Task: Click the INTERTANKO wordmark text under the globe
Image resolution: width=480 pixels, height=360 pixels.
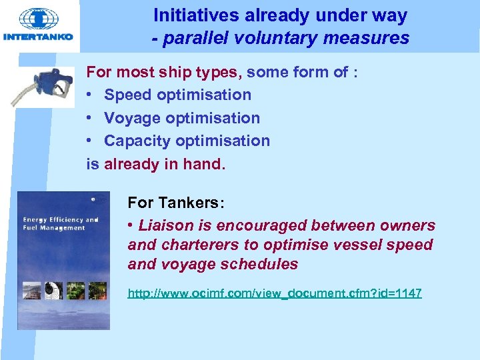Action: click(38, 37)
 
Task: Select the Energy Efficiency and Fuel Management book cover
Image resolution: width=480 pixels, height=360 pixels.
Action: click(63, 260)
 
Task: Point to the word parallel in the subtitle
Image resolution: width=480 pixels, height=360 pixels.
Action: click(193, 38)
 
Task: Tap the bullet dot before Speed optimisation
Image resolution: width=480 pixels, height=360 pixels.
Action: click(91, 95)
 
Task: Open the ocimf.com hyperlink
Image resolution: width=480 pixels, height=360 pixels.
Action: click(274, 293)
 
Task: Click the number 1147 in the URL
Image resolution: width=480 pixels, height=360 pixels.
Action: click(408, 293)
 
